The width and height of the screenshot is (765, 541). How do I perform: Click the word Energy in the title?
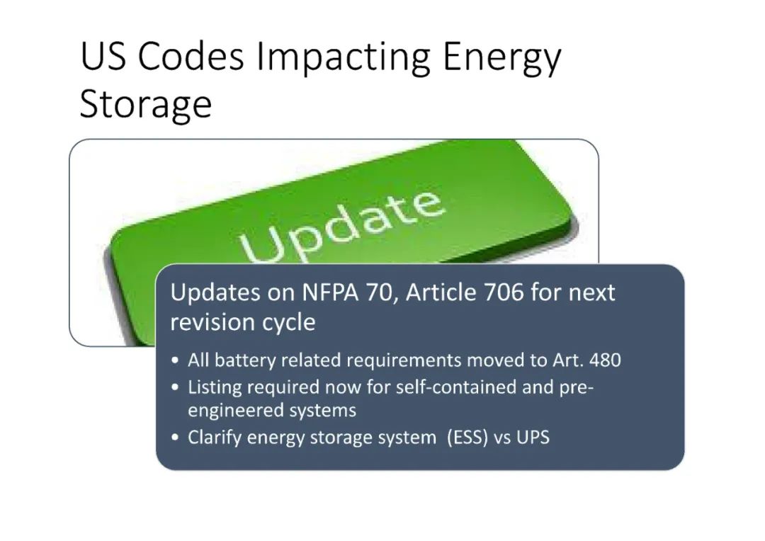coord(502,59)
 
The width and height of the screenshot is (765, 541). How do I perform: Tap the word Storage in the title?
coord(145,104)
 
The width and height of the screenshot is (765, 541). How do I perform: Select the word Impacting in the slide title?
coord(343,59)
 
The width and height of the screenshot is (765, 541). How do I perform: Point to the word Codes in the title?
coord(191,56)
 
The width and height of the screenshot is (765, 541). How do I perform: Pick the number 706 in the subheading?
coord(504,292)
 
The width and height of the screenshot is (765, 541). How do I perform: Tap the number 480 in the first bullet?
coord(605,360)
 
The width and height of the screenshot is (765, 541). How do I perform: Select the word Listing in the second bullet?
coord(215,388)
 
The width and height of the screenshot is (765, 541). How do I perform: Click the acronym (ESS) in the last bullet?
coord(467,437)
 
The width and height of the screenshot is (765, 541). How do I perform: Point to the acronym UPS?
coord(533,437)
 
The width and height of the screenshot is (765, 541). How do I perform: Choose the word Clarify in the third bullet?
coord(215,437)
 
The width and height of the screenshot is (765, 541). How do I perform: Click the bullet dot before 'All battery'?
coord(176,361)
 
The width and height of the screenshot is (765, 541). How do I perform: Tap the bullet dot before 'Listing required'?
coord(176,388)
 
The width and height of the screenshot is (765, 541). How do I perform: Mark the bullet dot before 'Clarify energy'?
coord(176,438)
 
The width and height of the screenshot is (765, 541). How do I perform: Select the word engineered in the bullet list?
coord(235,411)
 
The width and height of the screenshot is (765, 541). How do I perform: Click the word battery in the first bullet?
coord(245,361)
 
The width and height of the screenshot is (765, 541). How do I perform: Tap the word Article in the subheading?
coord(441,292)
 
